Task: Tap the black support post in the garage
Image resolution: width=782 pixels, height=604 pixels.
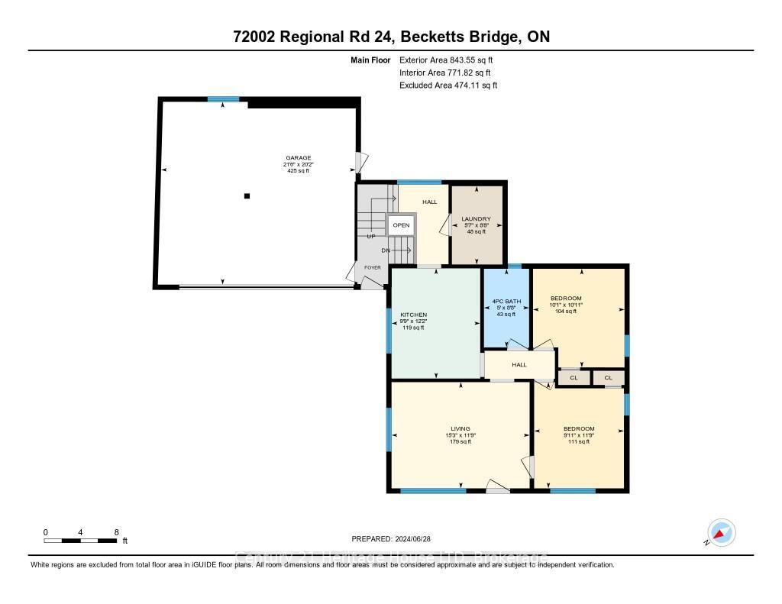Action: [x=247, y=196]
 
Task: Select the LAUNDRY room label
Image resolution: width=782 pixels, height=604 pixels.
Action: [x=476, y=219]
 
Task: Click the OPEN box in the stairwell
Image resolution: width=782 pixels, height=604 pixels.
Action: [x=401, y=225]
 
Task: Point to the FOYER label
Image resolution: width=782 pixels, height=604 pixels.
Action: [x=372, y=268]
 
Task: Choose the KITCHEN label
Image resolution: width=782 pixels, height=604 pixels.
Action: [x=413, y=315]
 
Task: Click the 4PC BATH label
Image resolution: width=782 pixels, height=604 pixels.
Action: [x=506, y=302]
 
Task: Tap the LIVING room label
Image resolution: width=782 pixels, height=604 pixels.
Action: [x=460, y=429]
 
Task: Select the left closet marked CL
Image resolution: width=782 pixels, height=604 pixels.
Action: [x=574, y=378]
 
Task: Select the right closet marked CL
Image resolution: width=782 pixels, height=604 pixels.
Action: [x=609, y=378]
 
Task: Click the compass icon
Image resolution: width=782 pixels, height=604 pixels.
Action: [x=721, y=532]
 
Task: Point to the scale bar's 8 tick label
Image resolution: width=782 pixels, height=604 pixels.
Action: [x=116, y=532]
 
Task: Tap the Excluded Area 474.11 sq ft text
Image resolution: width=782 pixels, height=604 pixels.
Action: [x=448, y=86]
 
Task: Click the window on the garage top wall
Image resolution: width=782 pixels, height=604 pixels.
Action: [x=223, y=99]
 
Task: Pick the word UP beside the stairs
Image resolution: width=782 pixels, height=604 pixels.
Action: [x=371, y=237]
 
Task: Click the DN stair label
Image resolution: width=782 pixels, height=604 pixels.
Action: [x=386, y=250]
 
